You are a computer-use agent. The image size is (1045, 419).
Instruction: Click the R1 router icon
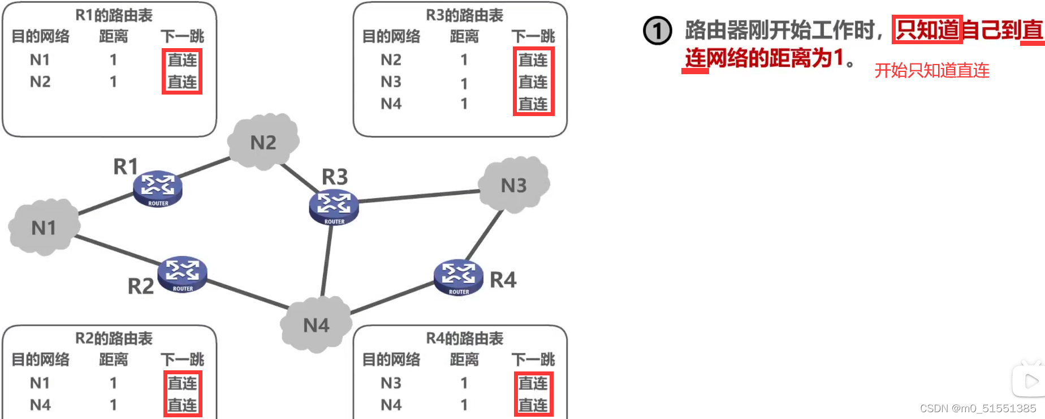pyautogui.click(x=157, y=189)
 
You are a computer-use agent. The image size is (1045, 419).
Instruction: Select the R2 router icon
pyautogui.click(x=182, y=274)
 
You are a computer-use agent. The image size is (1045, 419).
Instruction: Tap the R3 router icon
pyautogui.click(x=334, y=207)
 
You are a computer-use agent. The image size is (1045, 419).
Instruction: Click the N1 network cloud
pyautogui.click(x=44, y=228)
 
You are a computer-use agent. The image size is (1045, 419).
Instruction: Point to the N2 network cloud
pyautogui.click(x=263, y=142)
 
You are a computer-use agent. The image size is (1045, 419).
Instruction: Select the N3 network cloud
pyautogui.click(x=513, y=185)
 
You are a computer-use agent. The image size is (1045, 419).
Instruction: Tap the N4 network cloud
pyautogui.click(x=316, y=325)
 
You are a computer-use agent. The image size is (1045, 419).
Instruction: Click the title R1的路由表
pyautogui.click(x=114, y=15)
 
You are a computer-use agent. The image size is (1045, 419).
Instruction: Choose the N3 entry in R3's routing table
pyautogui.click(x=391, y=82)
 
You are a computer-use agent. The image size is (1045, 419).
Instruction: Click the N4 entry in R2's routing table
pyautogui.click(x=40, y=405)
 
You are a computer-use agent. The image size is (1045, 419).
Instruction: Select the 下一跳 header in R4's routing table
pyautogui.click(x=533, y=360)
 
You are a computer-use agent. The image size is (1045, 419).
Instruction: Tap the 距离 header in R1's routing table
pyautogui.click(x=114, y=37)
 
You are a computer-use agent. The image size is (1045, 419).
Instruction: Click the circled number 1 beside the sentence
pyautogui.click(x=658, y=31)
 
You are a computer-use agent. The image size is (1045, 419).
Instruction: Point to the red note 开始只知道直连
pyautogui.click(x=931, y=71)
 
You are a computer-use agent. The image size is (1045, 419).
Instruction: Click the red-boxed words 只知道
pyautogui.click(x=927, y=30)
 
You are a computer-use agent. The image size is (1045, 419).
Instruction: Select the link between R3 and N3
pyautogui.click(x=418, y=196)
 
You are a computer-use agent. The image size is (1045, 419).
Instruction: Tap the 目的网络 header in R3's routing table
pyautogui.click(x=391, y=37)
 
